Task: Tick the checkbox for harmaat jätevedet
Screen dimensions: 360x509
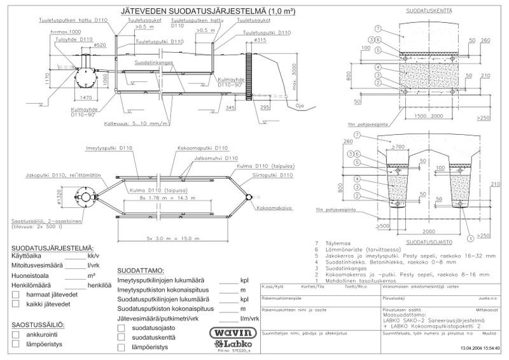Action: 16,294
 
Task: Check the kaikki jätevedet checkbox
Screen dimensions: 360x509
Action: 16,304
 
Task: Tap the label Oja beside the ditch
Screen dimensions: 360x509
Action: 300,106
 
